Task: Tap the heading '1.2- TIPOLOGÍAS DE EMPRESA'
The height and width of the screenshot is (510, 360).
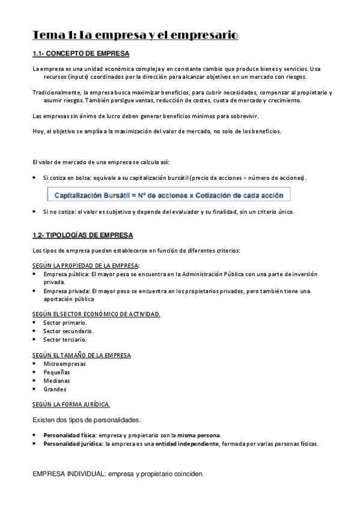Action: click(82, 235)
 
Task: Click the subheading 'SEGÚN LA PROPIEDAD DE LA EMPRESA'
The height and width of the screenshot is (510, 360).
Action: click(85, 265)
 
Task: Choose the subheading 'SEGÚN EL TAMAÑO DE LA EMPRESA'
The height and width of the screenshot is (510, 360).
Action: click(81, 355)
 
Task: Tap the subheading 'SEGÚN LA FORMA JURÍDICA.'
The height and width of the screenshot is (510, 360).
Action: click(71, 404)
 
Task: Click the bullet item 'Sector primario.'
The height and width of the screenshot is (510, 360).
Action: click(65, 322)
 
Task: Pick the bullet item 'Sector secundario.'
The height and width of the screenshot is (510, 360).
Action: click(68, 331)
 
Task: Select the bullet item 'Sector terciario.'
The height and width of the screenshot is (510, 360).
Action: click(65, 339)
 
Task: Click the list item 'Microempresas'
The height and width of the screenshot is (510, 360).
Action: click(64, 364)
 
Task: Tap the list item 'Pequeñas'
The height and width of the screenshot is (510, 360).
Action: click(56, 372)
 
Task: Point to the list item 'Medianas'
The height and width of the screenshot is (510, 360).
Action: click(56, 381)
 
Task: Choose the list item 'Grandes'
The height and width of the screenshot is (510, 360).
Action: click(55, 389)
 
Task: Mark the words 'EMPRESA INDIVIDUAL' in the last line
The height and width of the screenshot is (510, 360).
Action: click(68, 474)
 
